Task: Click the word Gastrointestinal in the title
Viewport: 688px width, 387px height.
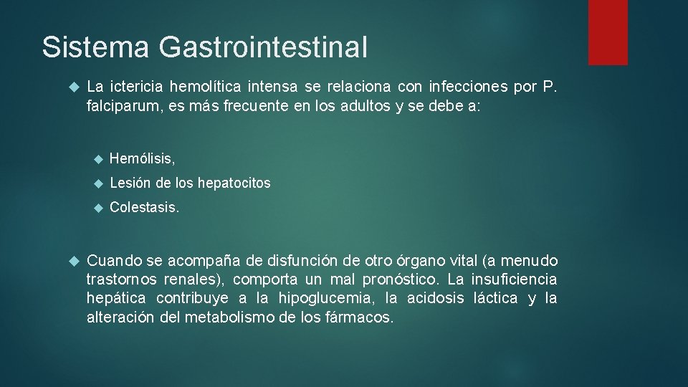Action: click(x=263, y=47)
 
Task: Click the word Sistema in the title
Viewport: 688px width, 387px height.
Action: click(x=95, y=47)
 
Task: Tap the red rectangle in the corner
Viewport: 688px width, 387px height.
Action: click(x=608, y=32)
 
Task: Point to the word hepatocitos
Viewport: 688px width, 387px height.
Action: click(x=234, y=183)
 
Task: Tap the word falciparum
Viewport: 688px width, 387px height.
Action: click(x=119, y=106)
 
